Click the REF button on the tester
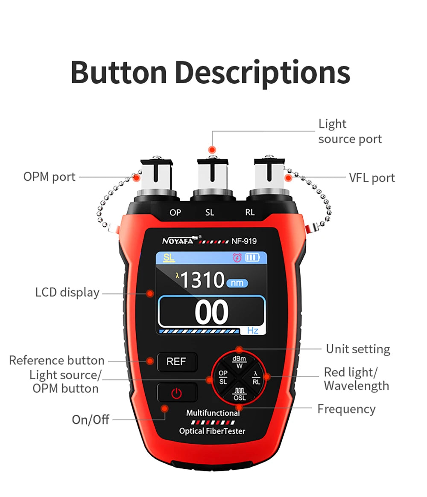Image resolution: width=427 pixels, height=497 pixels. (x=176, y=362)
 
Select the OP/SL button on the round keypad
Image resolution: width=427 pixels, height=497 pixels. (x=223, y=378)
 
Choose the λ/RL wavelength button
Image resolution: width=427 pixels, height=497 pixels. (x=256, y=378)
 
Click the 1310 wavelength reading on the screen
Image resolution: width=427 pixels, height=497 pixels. (x=202, y=280)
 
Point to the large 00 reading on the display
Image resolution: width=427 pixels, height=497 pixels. (x=211, y=312)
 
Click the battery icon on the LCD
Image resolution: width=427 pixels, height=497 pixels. (x=252, y=258)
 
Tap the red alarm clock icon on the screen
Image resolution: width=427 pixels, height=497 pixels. (x=237, y=258)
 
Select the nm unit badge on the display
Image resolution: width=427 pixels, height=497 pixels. (x=237, y=283)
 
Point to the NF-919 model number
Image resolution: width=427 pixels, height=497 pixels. (x=244, y=241)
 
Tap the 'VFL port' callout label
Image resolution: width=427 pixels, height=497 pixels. (x=372, y=178)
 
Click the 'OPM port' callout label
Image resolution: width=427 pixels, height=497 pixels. (x=50, y=177)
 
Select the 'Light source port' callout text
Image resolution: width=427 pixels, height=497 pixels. (x=350, y=131)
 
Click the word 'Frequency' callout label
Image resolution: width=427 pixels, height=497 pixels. (x=346, y=409)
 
